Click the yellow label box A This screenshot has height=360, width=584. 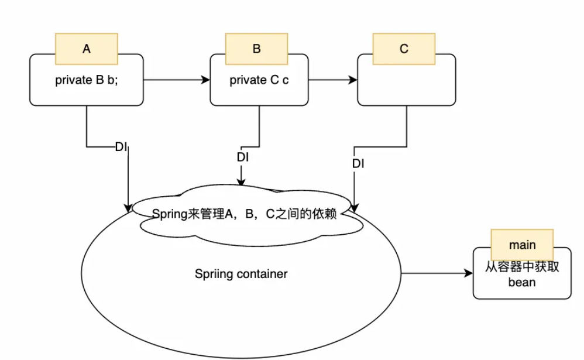[87, 49]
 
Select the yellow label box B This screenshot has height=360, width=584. [256, 49]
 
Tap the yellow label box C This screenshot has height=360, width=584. [404, 49]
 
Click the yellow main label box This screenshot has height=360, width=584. [522, 245]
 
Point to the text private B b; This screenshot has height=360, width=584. [87, 80]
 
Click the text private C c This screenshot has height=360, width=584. [259, 80]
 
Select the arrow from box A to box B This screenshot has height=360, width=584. [176, 80]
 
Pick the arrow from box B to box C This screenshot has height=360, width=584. [332, 80]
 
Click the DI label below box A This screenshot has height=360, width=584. [122, 146]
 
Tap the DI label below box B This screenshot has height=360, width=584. [242, 157]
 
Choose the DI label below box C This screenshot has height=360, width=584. [358, 164]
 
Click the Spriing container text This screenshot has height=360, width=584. [241, 273]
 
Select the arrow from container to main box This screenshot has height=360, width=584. [437, 273]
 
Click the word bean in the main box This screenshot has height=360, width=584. [522, 282]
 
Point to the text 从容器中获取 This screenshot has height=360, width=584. [522, 268]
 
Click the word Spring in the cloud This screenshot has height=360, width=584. [170, 214]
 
